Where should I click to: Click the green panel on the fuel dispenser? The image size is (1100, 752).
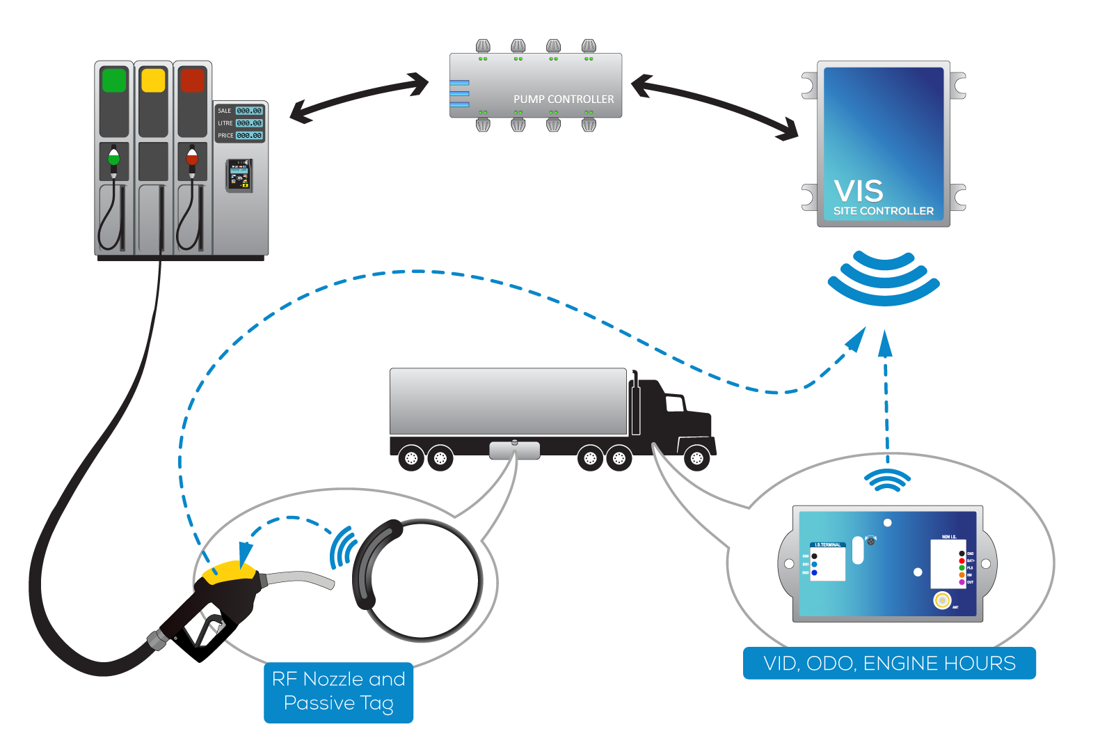(114, 80)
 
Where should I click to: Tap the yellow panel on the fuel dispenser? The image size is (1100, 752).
(153, 80)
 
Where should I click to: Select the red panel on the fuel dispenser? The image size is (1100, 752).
(192, 80)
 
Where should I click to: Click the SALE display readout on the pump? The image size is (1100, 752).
(248, 111)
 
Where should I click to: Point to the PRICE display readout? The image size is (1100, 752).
(248, 136)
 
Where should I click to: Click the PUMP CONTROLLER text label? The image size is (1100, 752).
(564, 100)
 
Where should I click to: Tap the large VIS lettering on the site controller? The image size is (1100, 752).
(859, 191)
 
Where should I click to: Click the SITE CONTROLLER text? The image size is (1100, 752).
(884, 211)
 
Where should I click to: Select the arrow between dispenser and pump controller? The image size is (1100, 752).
(359, 97)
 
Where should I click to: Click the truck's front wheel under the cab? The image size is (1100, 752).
(696, 458)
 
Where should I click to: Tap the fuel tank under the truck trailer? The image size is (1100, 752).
(514, 450)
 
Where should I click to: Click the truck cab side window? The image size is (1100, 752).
(675, 403)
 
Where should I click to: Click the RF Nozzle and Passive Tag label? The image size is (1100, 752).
(338, 691)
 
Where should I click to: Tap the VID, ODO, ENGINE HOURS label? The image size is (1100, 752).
(889, 663)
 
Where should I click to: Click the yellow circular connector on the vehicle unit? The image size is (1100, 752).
(942, 600)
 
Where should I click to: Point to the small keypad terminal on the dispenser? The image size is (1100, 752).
(239, 175)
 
